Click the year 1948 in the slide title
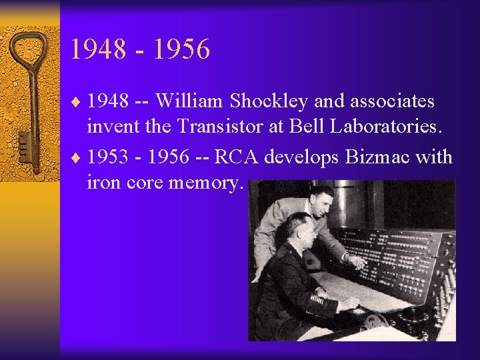tap(99, 49)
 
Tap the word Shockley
tap(268, 101)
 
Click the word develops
tap(304, 157)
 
